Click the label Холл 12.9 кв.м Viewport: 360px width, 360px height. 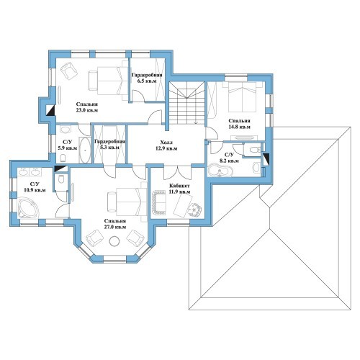166,145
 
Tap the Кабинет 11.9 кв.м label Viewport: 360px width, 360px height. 180,189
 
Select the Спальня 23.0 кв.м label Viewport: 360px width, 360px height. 87,107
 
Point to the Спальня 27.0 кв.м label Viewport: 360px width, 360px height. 115,224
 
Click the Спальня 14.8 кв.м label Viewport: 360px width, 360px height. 239,124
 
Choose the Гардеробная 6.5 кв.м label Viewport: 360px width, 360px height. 147,78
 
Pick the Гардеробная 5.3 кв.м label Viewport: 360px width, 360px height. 109,145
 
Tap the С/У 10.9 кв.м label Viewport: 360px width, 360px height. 35,187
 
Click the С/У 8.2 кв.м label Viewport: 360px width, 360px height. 229,158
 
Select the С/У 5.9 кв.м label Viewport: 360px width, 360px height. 68,145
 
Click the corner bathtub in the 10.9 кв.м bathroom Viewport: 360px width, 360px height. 28,207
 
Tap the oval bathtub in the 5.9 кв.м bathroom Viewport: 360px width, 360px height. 85,150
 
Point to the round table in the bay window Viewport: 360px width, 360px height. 114,241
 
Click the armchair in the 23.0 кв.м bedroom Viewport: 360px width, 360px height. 68,71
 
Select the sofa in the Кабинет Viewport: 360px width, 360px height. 158,202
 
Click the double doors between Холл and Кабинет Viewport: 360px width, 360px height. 177,172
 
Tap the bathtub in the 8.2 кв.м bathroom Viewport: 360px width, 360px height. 220,170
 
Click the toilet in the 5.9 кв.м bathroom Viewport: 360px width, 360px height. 63,158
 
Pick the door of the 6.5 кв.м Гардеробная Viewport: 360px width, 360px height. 139,96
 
